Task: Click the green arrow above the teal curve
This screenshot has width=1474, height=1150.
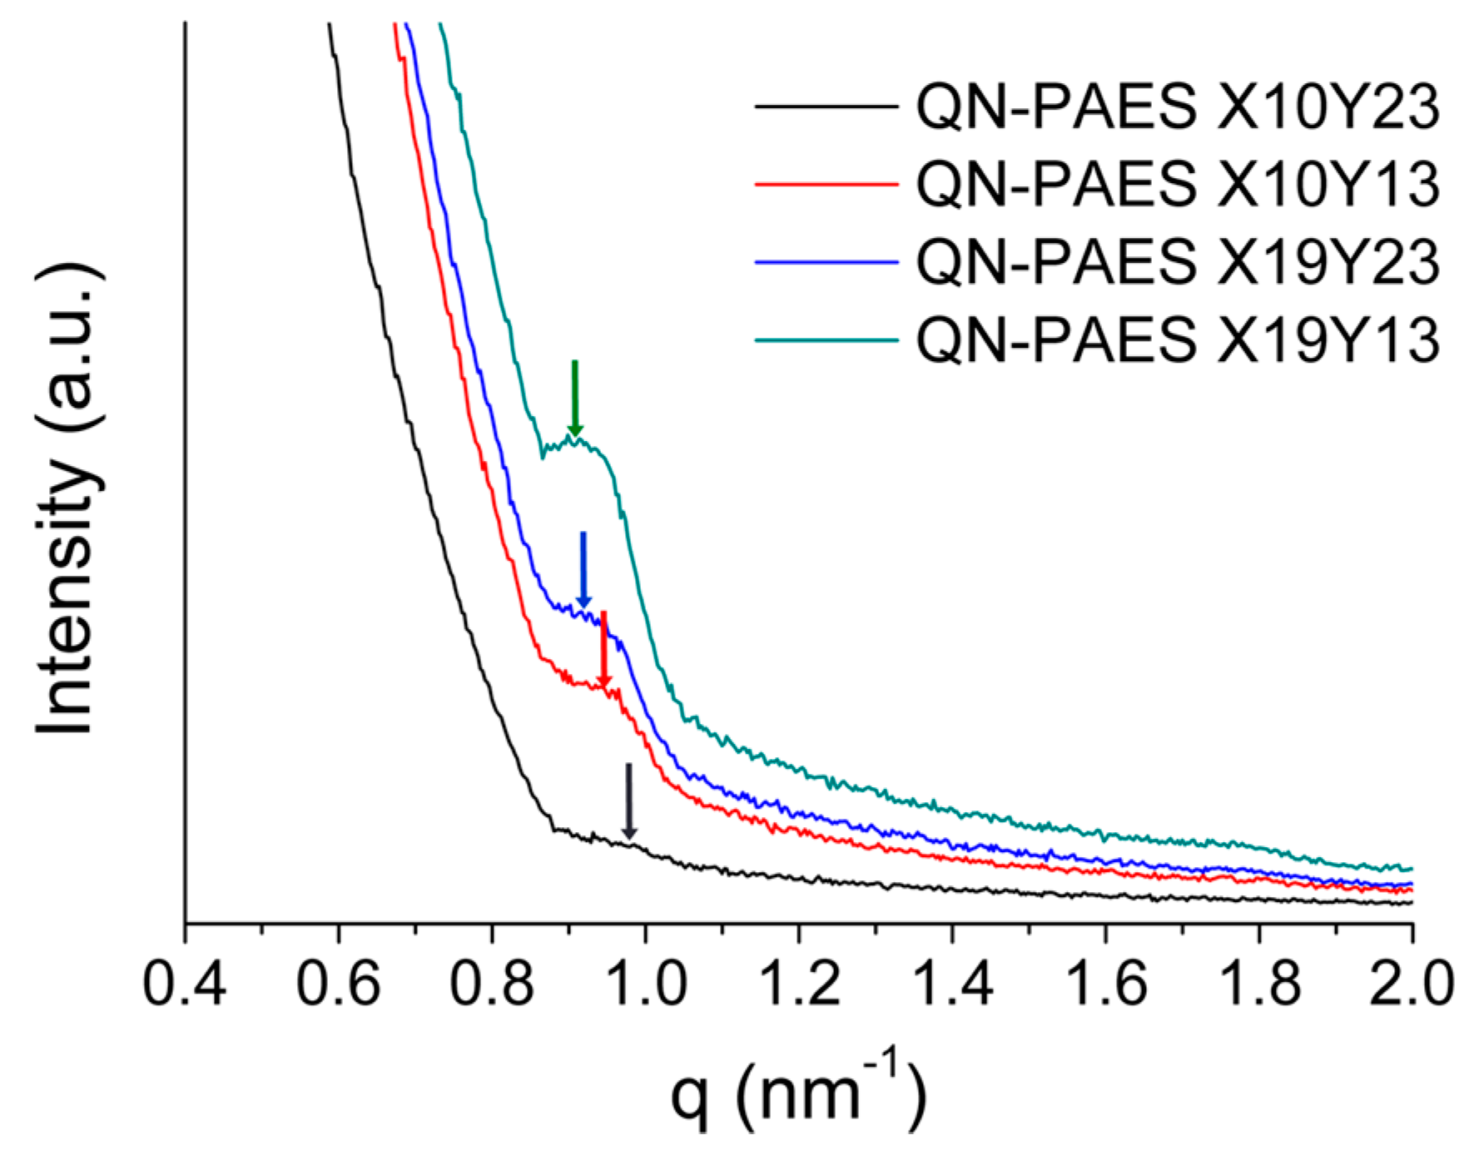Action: pos(574,398)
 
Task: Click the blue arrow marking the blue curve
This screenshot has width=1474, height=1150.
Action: pos(583,570)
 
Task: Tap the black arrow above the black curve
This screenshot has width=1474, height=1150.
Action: pos(629,801)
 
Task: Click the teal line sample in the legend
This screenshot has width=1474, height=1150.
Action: pos(826,340)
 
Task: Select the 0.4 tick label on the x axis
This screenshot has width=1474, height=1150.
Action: pos(185,984)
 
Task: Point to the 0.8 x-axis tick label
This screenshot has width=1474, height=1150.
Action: pos(492,984)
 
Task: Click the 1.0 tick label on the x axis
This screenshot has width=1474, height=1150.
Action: pos(645,984)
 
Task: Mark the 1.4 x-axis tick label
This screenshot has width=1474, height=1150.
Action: pos(952,984)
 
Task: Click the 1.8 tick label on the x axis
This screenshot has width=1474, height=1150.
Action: pos(1258,984)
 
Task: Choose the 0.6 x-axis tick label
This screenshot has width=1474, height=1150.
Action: pos(338,984)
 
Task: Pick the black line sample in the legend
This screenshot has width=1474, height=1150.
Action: pos(826,107)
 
